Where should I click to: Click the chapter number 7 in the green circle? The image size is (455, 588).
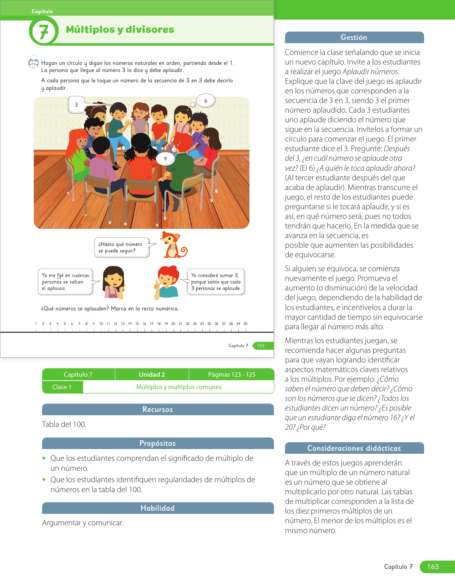44,32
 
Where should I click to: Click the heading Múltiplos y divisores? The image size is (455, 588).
120,30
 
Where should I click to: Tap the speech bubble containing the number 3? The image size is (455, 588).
76,105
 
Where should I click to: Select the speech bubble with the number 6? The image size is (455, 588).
206,101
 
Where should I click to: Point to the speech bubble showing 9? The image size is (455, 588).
165,159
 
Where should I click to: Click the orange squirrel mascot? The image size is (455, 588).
173,244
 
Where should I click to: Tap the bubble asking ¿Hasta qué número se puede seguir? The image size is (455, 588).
121,247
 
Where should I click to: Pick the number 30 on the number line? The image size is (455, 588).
246,324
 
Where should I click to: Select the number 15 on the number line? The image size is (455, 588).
137,324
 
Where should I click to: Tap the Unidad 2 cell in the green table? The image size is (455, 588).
152,375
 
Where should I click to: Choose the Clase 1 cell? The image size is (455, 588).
62,387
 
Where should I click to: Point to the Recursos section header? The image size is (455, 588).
158,409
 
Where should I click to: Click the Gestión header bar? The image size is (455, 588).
354,37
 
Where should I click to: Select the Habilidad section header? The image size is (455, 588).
158,508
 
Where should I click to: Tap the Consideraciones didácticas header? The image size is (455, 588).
354,448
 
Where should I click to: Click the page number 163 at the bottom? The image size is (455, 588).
433,567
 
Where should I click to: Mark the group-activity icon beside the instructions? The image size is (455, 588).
34,62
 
